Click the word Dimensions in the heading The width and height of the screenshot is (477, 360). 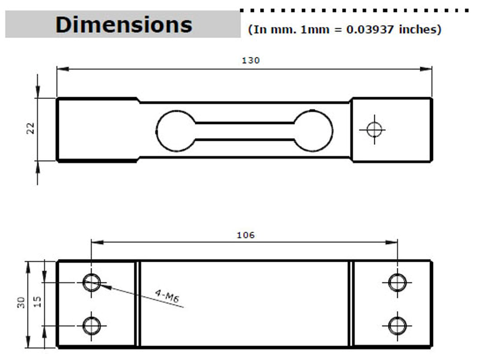coord(124,24)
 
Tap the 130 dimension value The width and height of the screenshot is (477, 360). coord(251,60)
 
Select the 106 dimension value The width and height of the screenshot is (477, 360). coord(246,235)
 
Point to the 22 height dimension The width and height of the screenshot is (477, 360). coord(31,129)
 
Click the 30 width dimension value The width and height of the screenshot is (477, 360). coord(21,302)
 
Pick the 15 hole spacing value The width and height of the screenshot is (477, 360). coord(37,302)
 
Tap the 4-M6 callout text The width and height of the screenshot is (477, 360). coord(167,296)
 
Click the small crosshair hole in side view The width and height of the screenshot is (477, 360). coord(374,130)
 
